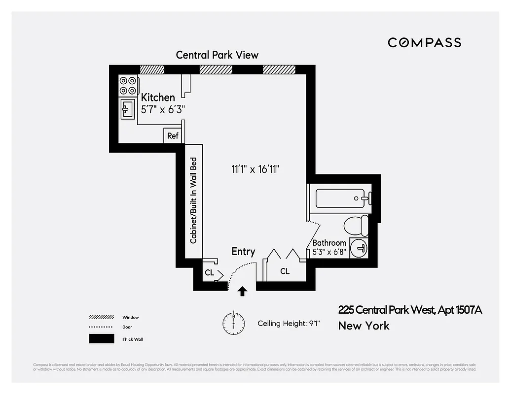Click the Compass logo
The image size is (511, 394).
pos(424,42)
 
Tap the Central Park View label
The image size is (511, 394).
pos(217,55)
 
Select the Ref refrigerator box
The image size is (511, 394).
pos(173,135)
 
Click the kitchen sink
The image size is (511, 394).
pos(128,109)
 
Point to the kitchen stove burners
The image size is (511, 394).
pos(128,85)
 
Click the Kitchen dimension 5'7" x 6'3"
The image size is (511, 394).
pos(163,110)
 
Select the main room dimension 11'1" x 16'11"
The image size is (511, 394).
pos(255,169)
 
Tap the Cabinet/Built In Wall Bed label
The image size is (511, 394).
pos(194,200)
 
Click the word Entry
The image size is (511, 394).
pos(243,252)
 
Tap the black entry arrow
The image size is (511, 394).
pos(242,291)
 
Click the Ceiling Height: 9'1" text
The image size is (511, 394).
pos(289,324)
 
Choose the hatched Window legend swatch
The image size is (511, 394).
pos(102,318)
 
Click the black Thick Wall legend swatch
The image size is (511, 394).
pos(102,339)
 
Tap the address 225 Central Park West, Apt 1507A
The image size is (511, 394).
pos(410,310)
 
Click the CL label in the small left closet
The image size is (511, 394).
pos(209,272)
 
